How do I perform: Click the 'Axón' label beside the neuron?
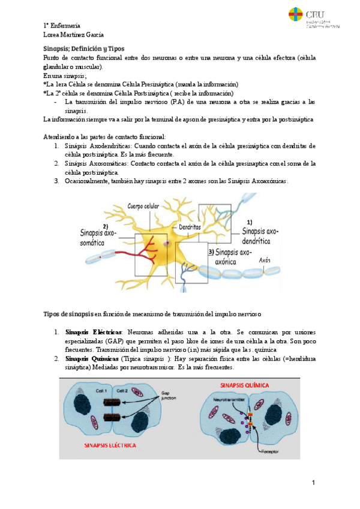coord(265,261)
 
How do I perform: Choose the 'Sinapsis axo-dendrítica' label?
coord(260,235)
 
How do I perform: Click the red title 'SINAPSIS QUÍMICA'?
coord(245,384)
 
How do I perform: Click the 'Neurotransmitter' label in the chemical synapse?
coord(229,399)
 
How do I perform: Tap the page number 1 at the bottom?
coord(313,483)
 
